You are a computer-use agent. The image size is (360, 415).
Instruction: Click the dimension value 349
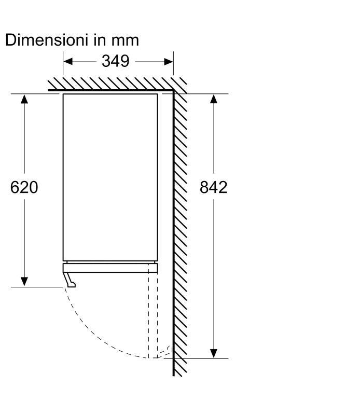[115, 61]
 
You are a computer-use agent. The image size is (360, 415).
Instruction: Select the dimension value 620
[24, 187]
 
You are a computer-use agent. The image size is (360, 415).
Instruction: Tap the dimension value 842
[213, 187]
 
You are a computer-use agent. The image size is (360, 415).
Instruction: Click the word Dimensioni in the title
[46, 40]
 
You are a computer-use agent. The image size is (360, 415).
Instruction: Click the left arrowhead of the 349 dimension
[68, 62]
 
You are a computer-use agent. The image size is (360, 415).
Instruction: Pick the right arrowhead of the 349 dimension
[169, 62]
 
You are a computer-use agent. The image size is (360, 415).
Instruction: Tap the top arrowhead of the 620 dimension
[24, 99]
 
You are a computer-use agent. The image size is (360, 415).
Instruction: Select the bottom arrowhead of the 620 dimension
[24, 282]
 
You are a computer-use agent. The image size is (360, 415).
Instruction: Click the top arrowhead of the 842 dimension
[214, 99]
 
